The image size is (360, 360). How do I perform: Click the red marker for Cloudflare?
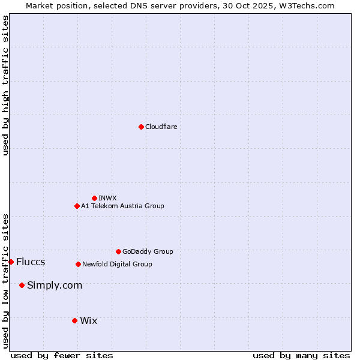pyautogui.click(x=141, y=127)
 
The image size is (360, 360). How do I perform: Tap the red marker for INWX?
pyautogui.click(x=94, y=198)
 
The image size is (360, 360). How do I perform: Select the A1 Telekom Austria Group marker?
pyautogui.click(x=77, y=206)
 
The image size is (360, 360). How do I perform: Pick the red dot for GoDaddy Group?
pyautogui.click(x=118, y=251)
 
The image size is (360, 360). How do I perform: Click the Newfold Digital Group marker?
pyautogui.click(x=78, y=264)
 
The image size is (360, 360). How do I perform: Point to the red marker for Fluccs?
pyautogui.click(x=11, y=262)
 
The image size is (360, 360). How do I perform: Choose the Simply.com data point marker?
pyautogui.click(x=22, y=285)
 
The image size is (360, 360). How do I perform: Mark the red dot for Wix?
pyautogui.click(x=74, y=320)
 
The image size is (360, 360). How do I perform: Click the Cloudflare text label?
pyautogui.click(x=161, y=127)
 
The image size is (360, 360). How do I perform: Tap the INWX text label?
pyautogui.click(x=108, y=198)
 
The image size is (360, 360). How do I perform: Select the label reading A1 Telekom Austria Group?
pyautogui.click(x=122, y=206)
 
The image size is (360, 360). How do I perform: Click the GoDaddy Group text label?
pyautogui.click(x=148, y=251)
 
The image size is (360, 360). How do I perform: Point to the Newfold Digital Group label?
pyautogui.click(x=117, y=264)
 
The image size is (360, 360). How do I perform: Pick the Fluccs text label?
pyautogui.click(x=31, y=262)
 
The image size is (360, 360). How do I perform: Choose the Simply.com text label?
pyautogui.click(x=55, y=285)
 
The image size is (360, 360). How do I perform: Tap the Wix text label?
pyautogui.click(x=88, y=320)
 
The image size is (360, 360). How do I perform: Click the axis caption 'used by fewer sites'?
pyautogui.click(x=62, y=355)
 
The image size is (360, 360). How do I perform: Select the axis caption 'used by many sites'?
pyautogui.click(x=301, y=355)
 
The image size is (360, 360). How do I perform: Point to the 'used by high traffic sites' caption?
pyautogui.click(x=5, y=85)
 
